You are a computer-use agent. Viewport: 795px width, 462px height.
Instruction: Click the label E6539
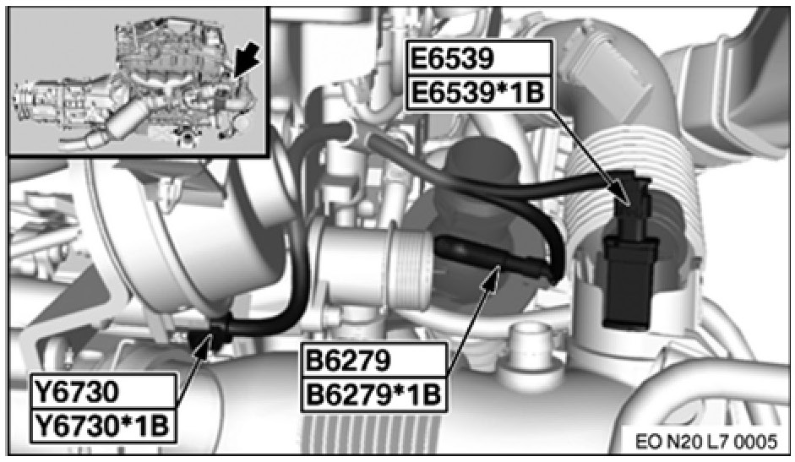451,59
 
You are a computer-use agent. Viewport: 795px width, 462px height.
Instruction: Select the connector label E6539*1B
476,93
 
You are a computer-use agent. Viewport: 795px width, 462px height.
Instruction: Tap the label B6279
348,361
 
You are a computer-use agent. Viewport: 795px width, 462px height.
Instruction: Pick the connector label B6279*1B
373,394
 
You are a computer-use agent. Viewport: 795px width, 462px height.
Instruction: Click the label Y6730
76,392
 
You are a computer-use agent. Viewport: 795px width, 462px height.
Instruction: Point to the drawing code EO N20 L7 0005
705,441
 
